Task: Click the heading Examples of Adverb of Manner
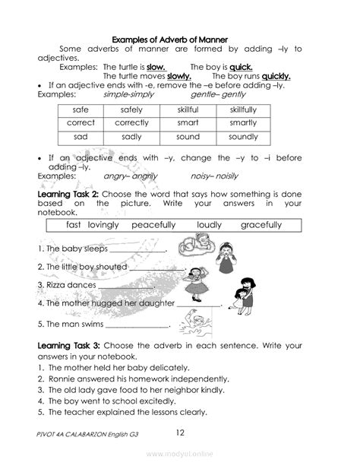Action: (180, 37)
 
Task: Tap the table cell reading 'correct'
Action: (81, 123)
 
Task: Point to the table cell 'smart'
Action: (188, 123)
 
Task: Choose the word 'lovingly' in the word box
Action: (104, 225)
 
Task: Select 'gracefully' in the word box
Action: (261, 225)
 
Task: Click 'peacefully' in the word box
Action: (153, 225)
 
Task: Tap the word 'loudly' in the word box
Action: (209, 225)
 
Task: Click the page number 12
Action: (180, 433)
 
